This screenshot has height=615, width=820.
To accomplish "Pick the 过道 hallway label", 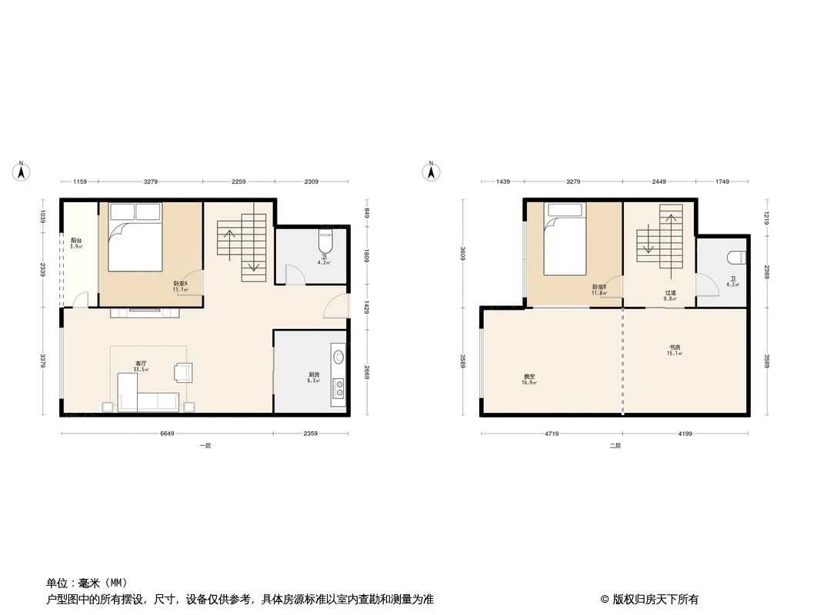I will click(x=671, y=292).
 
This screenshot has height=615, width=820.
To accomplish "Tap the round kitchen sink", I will click(x=338, y=356).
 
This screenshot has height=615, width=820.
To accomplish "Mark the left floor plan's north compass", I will click(x=22, y=171).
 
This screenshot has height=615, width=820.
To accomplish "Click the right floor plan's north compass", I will click(x=432, y=171).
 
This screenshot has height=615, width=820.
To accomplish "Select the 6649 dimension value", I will click(x=167, y=434).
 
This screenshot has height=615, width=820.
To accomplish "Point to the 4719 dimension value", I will click(x=552, y=434).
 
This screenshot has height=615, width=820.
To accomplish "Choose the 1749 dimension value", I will click(x=722, y=182).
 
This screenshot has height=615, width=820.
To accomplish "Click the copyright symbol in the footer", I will click(x=605, y=600).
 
